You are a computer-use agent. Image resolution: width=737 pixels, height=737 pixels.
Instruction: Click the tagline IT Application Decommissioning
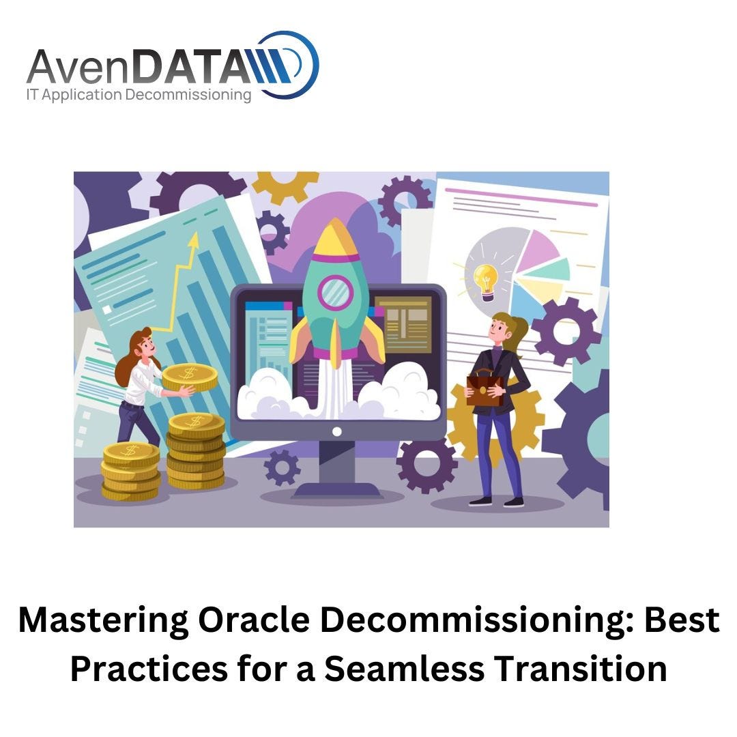pyautogui.click(x=139, y=95)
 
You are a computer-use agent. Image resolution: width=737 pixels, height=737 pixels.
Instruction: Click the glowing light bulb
pyautogui.click(x=485, y=279)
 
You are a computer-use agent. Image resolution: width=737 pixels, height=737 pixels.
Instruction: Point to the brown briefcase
pyautogui.click(x=485, y=389)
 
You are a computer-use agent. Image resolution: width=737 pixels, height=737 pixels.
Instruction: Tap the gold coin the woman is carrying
pyautogui.click(x=189, y=376)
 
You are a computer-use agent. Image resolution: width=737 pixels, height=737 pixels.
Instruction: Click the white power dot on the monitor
pyautogui.click(x=336, y=431)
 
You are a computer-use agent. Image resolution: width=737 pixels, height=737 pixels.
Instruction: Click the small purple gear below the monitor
pyautogui.click(x=282, y=467)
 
